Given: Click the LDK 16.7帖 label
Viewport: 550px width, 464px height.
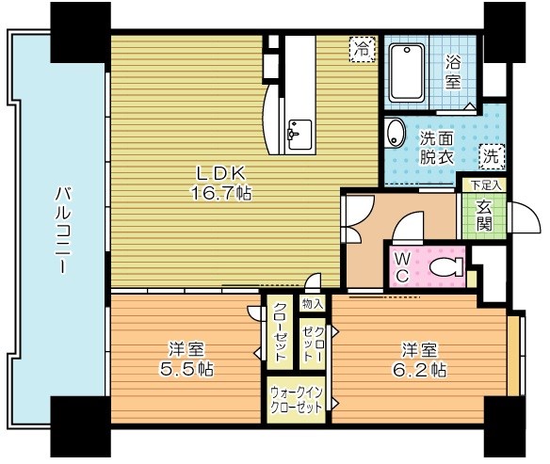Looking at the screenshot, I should [x=222, y=183].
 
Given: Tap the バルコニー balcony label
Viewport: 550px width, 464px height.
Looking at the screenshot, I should [x=59, y=231].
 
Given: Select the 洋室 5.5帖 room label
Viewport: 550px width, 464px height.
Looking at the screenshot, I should [x=186, y=358].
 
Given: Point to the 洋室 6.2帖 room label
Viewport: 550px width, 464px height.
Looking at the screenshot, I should [x=419, y=358].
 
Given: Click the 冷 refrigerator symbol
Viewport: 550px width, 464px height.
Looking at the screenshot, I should [x=362, y=48].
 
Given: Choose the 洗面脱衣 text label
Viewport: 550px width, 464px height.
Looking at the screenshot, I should [x=436, y=146].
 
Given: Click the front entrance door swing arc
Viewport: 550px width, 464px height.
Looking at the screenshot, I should [x=526, y=218].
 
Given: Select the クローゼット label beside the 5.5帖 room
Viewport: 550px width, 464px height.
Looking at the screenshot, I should [x=280, y=334].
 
